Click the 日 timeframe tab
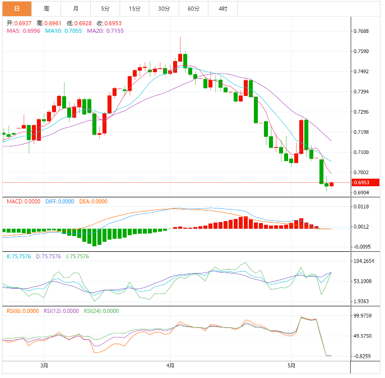tap(16, 9)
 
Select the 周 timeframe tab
tap(46, 9)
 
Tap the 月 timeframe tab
tap(76, 9)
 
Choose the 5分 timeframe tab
tap(105, 9)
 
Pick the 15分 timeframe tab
tap(135, 9)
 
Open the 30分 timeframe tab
tap(164, 9)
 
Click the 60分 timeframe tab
tap(193, 9)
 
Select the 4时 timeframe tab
tap(223, 9)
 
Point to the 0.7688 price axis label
tap(361, 31)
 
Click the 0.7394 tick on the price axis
tap(361, 92)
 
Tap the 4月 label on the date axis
tap(171, 365)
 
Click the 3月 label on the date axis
tap(44, 365)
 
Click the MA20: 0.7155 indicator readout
tap(105, 31)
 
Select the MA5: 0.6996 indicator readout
tap(24, 31)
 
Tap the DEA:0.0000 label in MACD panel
tap(93, 201)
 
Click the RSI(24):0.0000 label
tap(101, 311)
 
